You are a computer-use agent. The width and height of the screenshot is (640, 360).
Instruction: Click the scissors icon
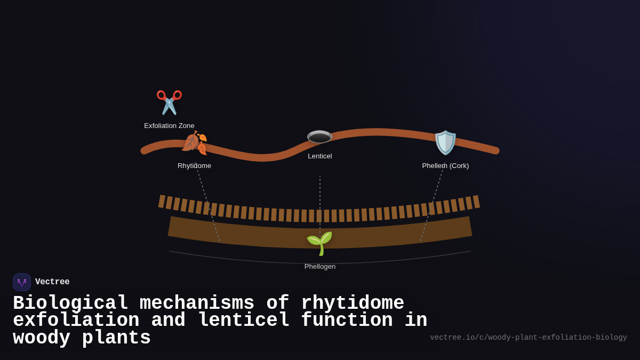point(169,102)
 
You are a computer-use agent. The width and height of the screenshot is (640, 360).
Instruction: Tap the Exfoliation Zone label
point(169,126)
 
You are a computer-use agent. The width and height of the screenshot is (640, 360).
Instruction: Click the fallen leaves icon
point(194,143)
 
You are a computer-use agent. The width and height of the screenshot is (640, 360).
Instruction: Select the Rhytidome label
point(194,166)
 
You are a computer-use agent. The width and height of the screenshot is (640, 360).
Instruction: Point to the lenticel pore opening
point(319,138)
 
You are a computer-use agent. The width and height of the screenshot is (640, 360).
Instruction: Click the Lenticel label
point(319,156)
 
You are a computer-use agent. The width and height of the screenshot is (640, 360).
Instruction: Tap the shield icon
point(445,142)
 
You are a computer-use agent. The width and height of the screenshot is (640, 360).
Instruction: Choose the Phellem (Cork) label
point(445,166)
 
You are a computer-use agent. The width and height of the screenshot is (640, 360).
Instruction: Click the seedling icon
point(319,243)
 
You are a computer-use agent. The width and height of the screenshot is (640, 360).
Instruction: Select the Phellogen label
point(319,267)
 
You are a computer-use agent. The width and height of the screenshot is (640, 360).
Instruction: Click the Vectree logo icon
point(22,282)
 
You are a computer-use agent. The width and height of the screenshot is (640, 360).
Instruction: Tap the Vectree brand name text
point(52,282)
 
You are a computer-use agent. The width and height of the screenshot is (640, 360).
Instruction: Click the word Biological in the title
point(70,303)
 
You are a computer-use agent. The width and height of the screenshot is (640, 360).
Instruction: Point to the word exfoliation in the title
point(76,321)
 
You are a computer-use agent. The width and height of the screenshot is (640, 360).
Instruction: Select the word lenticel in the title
point(243,321)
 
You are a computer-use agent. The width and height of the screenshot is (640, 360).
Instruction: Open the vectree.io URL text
point(528,338)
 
